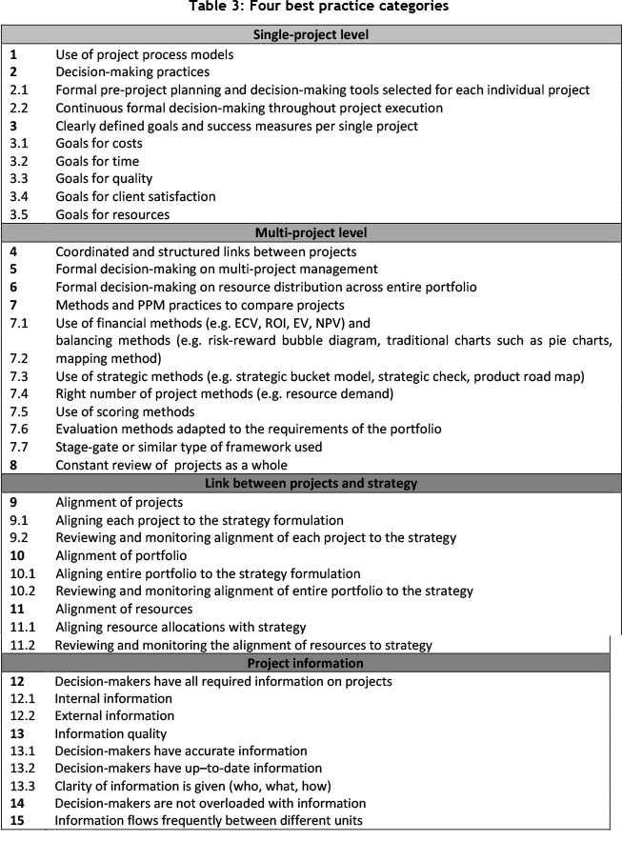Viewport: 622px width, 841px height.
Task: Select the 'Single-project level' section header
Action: click(x=311, y=36)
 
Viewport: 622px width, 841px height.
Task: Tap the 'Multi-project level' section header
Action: click(x=311, y=233)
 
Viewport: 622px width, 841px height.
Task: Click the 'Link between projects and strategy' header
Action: click(x=311, y=483)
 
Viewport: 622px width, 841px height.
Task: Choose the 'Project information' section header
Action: click(x=311, y=663)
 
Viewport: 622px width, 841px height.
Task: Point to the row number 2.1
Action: click(x=19, y=90)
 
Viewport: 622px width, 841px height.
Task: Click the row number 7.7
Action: click(x=19, y=448)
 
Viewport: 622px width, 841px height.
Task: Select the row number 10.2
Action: click(x=22, y=591)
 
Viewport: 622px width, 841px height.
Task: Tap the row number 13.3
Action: click(x=22, y=786)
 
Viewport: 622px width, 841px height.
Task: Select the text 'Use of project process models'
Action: click(x=144, y=54)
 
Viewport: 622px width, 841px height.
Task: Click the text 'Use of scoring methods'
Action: click(x=126, y=411)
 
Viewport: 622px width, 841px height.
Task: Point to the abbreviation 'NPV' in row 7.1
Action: click(x=329, y=324)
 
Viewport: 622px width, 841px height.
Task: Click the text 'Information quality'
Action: click(x=111, y=733)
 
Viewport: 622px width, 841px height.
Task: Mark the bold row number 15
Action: click(x=16, y=821)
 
